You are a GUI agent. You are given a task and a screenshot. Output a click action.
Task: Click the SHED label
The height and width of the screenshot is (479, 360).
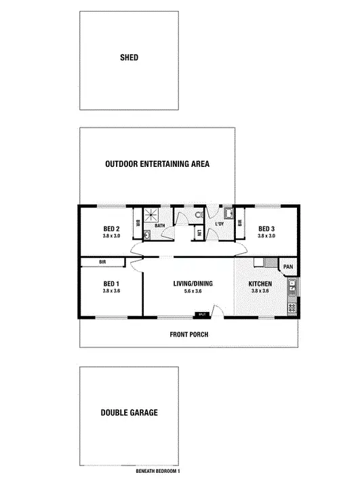tap(129, 58)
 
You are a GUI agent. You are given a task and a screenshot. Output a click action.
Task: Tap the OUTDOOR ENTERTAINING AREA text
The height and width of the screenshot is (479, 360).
tap(157, 164)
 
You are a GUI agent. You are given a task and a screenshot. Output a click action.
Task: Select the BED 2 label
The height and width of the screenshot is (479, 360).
tap(111, 229)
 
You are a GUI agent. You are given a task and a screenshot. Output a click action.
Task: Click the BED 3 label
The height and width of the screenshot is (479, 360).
tap(267, 229)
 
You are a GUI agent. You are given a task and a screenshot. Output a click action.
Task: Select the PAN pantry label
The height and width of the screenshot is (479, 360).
tap(287, 267)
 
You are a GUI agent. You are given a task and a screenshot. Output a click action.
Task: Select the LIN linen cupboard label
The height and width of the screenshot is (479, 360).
tap(199, 233)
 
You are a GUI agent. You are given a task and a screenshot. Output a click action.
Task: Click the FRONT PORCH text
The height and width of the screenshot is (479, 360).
tap(188, 334)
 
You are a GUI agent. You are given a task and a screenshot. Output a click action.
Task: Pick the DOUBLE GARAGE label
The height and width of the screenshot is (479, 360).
tap(129, 413)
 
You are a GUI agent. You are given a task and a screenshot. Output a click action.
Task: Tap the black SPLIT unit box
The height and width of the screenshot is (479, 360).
tap(202, 315)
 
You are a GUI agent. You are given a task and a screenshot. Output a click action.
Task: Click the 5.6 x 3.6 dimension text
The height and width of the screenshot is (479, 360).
tap(193, 291)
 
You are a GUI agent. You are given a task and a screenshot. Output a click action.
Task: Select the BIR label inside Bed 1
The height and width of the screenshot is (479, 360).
tap(103, 261)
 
